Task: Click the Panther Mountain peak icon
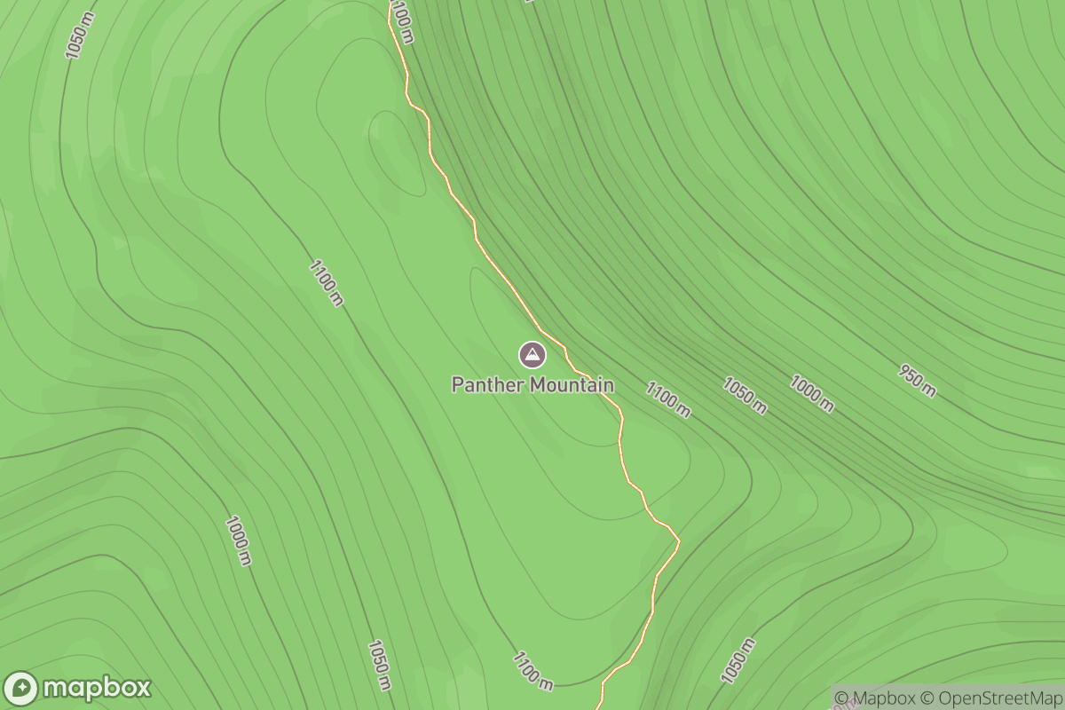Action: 532,355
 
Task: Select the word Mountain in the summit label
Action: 572,385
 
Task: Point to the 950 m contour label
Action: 917,381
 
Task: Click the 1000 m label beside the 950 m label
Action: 812,394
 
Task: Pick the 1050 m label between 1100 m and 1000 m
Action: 744,396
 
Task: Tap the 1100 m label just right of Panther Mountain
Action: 668,399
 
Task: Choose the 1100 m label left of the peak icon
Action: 327,282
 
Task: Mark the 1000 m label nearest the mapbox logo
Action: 238,540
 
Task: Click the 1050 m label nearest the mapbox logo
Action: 379,665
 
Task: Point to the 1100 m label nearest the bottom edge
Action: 532,670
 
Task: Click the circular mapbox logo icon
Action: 20,689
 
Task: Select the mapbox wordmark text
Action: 97,688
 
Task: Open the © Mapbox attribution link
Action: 874,698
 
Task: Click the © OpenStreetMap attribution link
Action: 990,698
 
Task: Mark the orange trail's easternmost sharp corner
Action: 679,539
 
